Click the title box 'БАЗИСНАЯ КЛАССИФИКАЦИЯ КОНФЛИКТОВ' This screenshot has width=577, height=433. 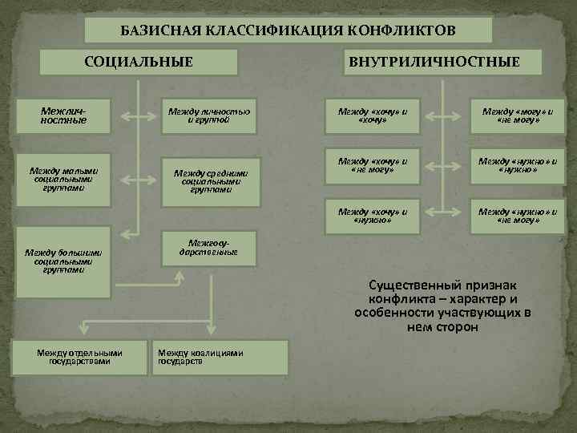point(288,30)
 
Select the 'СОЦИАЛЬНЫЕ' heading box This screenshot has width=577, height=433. point(139,62)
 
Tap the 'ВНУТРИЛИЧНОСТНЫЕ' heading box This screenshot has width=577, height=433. point(444,62)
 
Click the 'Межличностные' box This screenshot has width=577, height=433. point(64,116)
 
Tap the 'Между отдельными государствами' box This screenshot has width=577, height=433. point(80,357)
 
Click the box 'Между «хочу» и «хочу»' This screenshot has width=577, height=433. point(373,116)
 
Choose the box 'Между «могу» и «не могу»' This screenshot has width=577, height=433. point(516,116)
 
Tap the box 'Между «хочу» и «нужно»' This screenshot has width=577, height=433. point(373,216)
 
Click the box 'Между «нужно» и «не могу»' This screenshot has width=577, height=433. point(516,216)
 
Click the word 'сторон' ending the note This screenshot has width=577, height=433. point(459,327)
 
